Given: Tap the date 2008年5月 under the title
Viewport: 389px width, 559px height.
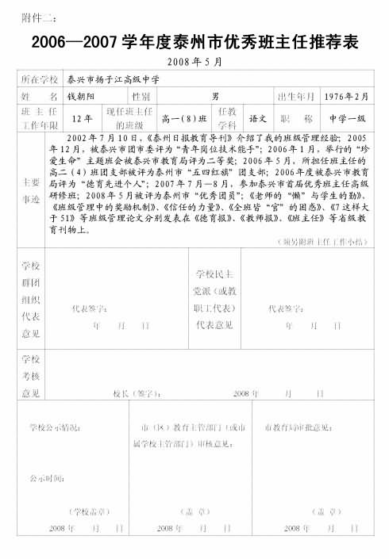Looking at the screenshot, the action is click(x=194, y=62).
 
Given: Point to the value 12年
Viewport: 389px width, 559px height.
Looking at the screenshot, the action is click(x=82, y=119).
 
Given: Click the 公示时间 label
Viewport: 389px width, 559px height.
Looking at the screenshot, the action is click(x=47, y=478).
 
